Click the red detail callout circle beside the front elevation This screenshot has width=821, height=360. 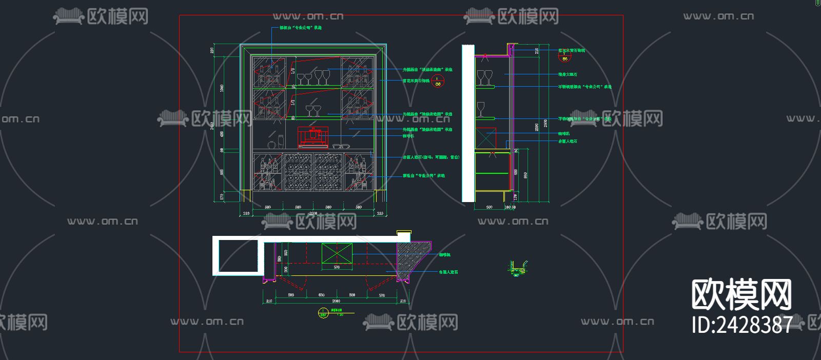(x=437, y=81)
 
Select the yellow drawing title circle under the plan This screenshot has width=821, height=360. (x=323, y=312)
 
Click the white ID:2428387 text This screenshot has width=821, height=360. (x=741, y=325)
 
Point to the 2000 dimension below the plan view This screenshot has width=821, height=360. (x=336, y=301)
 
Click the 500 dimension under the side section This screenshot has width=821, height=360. (x=489, y=207)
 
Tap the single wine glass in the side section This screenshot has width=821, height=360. (x=480, y=109)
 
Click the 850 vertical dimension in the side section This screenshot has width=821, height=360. (x=525, y=175)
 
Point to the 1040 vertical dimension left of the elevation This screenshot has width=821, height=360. (x=222, y=88)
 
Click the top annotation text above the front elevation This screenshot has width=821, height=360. (x=300, y=28)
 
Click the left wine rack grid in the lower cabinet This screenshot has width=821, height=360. (x=298, y=172)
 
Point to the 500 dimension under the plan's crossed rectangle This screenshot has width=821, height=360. (x=337, y=267)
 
